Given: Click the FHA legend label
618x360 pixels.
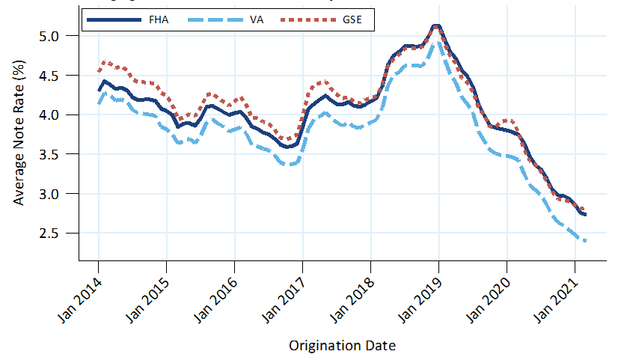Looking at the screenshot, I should (159, 19).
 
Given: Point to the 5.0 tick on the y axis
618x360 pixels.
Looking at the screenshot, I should (58, 36).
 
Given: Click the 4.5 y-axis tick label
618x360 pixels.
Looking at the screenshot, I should (58, 75).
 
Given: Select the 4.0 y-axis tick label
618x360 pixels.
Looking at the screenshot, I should (58, 115).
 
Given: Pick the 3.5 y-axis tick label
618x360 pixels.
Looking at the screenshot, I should (58, 154).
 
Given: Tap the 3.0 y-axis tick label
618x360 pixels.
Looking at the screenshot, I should (58, 193).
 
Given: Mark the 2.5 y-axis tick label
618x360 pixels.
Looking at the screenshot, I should (58, 233).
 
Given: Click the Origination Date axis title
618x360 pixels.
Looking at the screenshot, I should (342, 346).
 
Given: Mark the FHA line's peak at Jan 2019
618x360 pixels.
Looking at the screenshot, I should (437, 26).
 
